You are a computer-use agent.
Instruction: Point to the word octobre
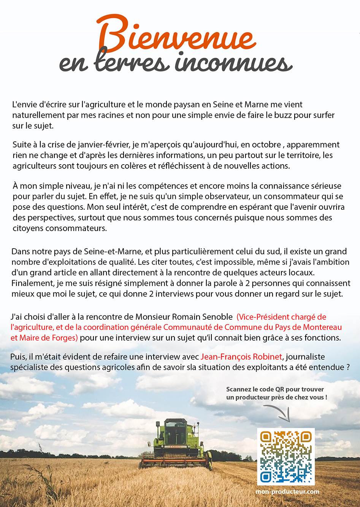pyautogui.click(x=266, y=145)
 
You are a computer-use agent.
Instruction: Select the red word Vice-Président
pyautogui.click(x=265, y=317)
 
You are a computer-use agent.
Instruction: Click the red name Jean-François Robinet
pyautogui.click(x=241, y=357)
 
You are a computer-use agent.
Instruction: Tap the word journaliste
pyautogui.click(x=305, y=357)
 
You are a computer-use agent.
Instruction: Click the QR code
pyautogui.click(x=286, y=457)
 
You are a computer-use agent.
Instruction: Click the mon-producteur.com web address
pyautogui.click(x=287, y=491)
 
